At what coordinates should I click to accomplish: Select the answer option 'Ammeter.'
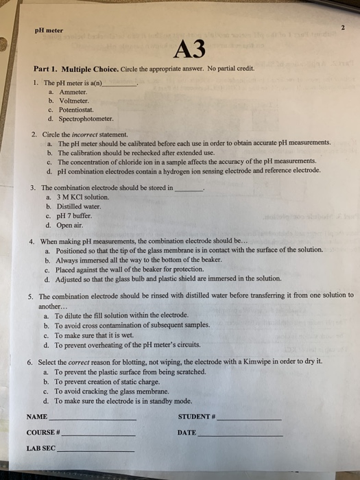tap(73, 91)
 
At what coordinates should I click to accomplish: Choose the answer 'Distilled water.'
tap(77, 206)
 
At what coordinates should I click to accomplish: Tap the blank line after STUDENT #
tap(249, 418)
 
